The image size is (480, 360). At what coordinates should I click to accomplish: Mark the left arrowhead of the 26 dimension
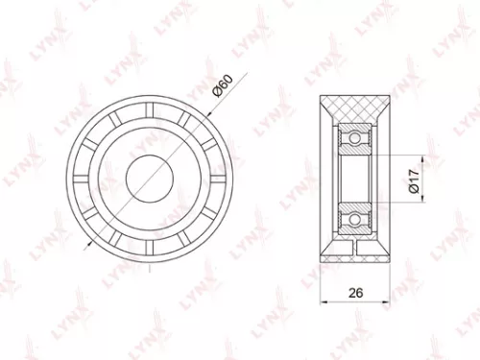tap(321, 301)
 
